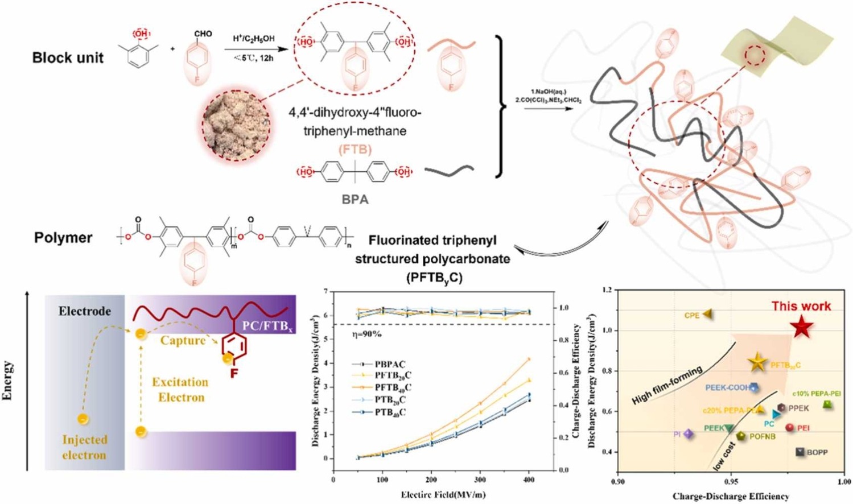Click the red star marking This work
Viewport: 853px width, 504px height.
point(801,328)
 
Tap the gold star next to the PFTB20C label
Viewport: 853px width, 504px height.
point(757,363)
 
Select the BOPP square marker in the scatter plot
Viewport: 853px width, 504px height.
point(801,452)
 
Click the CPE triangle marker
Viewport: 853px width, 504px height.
point(707,314)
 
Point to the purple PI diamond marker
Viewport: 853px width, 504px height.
point(689,434)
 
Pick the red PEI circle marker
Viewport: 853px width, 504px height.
point(789,428)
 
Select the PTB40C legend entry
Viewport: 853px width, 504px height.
point(390,412)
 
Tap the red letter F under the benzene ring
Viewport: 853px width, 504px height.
point(233,374)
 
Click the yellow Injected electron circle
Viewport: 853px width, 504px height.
point(83,420)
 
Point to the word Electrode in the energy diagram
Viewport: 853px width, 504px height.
point(85,311)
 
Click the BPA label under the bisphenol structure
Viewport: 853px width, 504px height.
point(355,200)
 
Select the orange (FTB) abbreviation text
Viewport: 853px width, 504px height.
point(355,150)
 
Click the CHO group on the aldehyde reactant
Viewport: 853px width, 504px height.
point(203,34)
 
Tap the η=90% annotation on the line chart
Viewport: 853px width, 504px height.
point(366,334)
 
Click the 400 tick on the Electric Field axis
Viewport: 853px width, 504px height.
point(529,480)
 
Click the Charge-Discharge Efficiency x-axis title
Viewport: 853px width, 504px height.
point(731,497)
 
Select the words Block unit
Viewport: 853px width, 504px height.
point(68,58)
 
